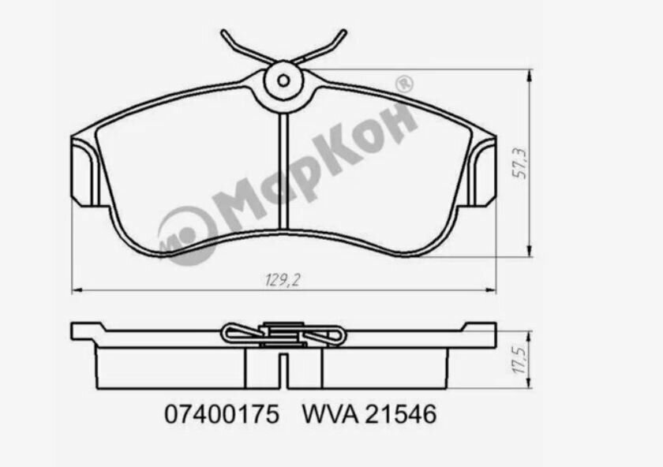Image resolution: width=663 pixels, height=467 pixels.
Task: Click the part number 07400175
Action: click(221, 415)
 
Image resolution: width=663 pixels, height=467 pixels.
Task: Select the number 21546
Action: click(400, 415)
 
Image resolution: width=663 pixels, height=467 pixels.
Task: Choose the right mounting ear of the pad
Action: click(482, 171)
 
